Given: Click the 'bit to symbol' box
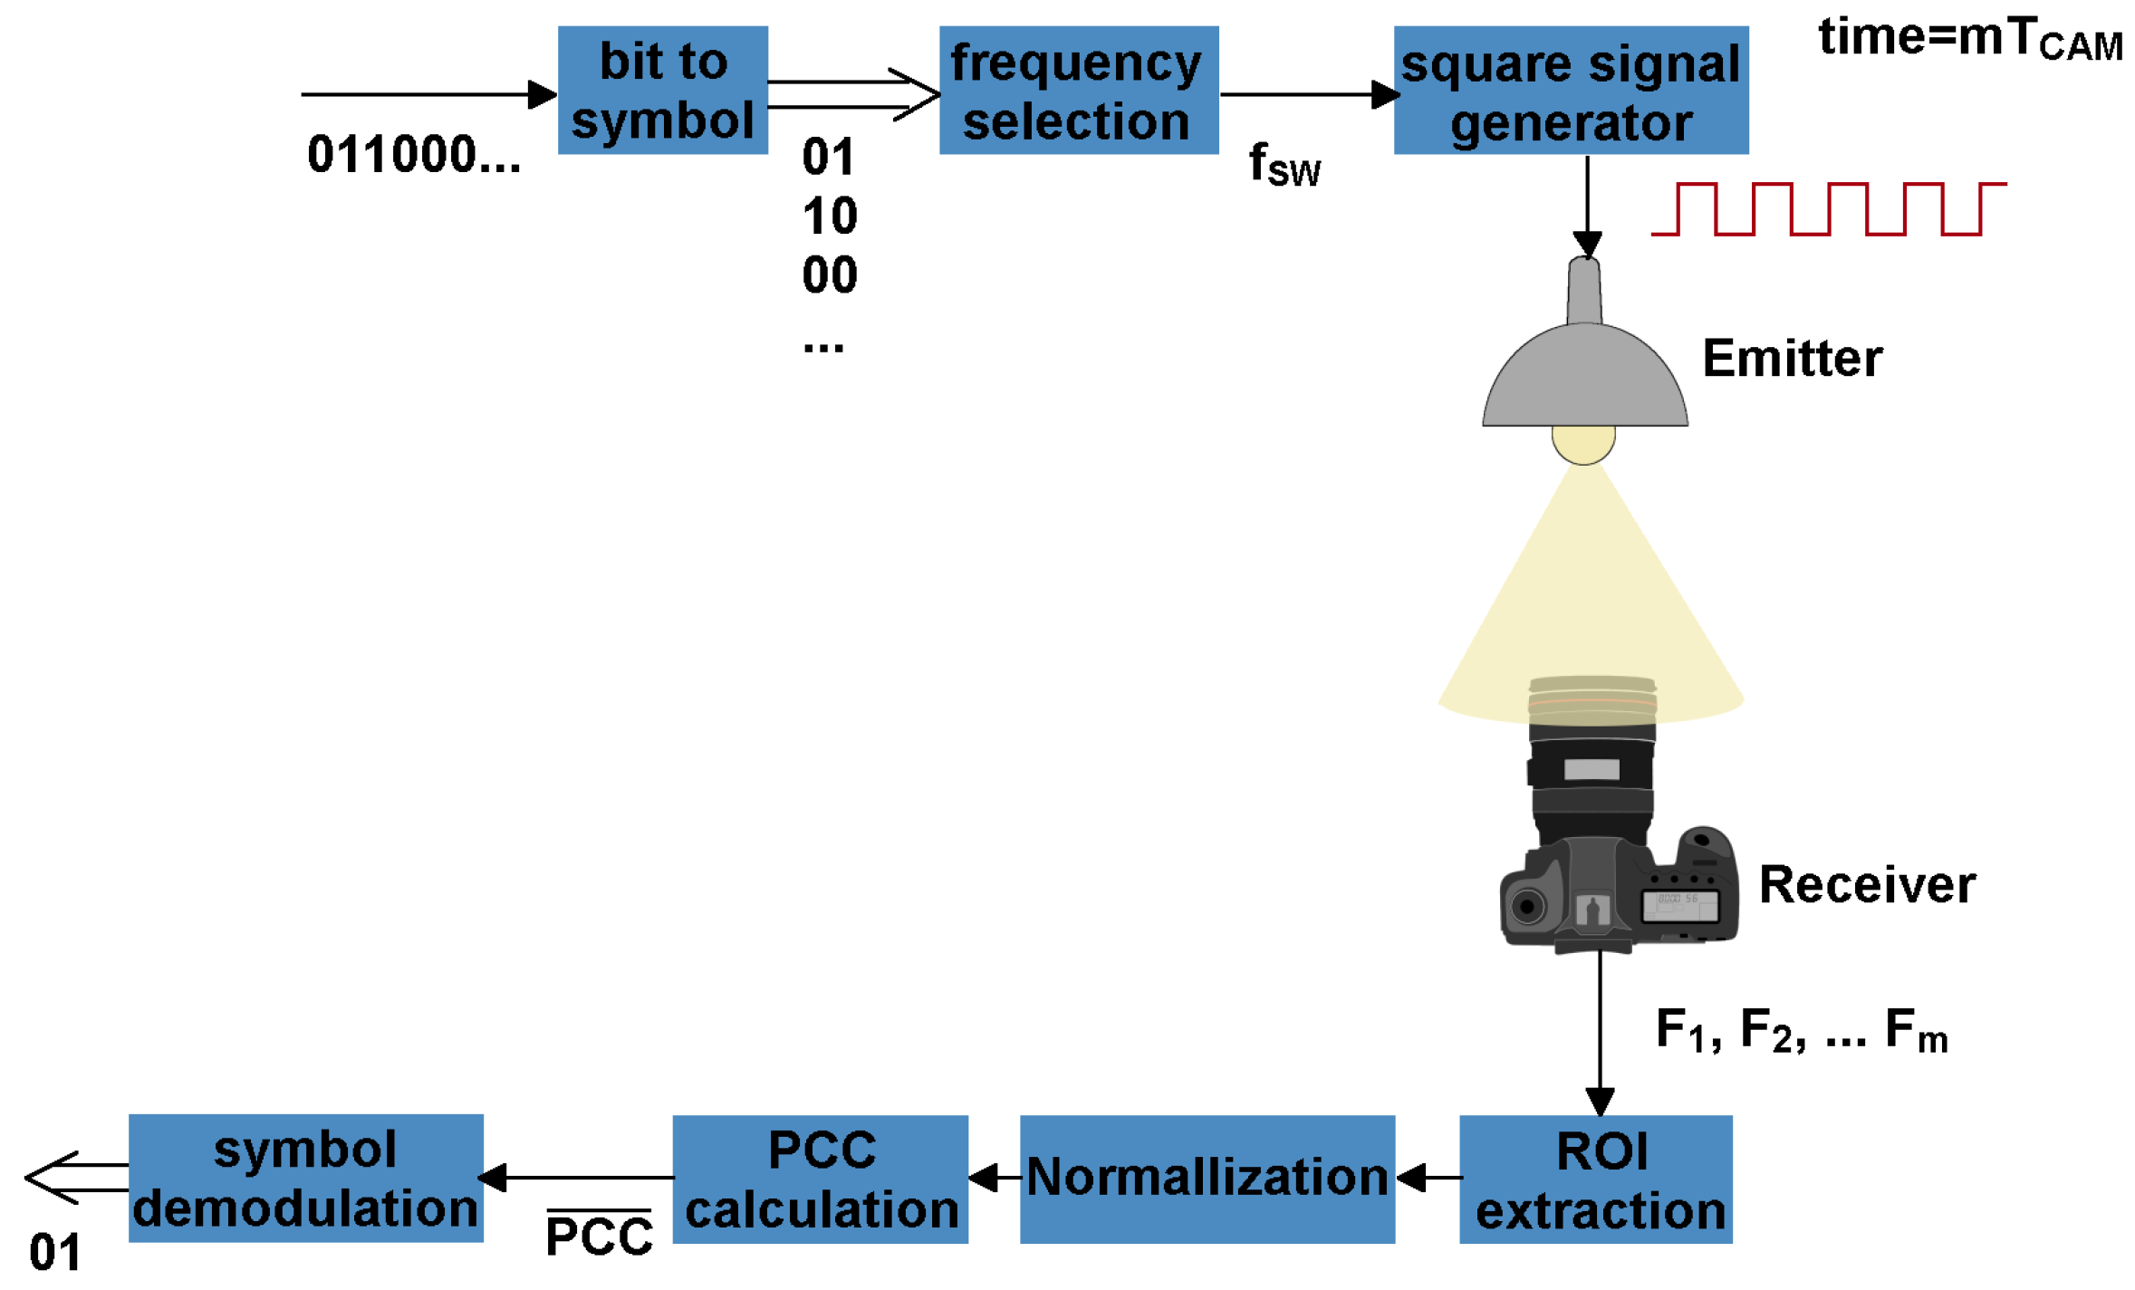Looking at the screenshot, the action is point(662,90).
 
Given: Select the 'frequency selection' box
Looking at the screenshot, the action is point(1078,90).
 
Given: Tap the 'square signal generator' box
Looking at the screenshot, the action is point(1571,90).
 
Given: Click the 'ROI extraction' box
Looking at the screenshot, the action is point(1595,1179).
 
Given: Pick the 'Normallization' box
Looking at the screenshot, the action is point(1207,1179).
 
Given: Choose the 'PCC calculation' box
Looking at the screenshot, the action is point(820,1179).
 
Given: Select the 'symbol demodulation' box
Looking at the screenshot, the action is point(305,1178).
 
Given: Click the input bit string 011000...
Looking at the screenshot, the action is point(414,154).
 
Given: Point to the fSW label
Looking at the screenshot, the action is point(1284,165).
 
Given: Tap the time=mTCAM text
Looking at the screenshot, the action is point(1970,38).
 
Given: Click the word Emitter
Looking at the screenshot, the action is point(1792,358).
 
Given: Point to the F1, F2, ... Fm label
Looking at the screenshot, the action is point(1801,1031).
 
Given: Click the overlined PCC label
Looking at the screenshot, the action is point(599,1233).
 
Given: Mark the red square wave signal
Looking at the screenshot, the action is point(1828,209).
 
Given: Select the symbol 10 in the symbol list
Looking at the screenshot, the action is point(830,216).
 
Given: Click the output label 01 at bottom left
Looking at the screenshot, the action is point(55,1253).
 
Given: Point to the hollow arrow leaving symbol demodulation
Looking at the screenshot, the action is point(77,1178).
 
